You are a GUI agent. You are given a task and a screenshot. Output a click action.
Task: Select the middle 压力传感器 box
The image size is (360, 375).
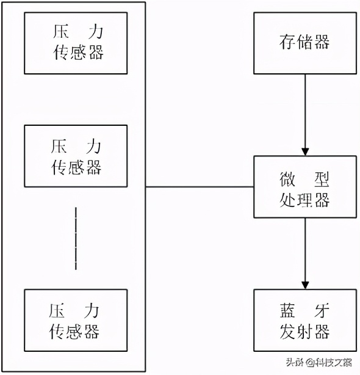tap(76, 156)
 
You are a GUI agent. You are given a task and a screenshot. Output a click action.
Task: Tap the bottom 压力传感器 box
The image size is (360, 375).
tap(76, 320)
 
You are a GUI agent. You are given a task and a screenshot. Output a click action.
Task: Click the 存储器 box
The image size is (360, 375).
tap(305, 42)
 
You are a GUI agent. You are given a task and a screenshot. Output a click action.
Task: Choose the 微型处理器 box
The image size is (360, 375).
tap(305, 187)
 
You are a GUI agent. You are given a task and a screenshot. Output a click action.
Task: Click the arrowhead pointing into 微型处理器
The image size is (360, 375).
tap(305, 151)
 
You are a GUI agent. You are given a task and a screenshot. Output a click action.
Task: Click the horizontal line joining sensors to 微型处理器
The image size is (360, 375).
tap(200, 187)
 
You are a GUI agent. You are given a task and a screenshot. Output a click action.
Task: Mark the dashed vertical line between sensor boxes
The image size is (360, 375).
tap(76, 238)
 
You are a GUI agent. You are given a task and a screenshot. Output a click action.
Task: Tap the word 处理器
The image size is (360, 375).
tap(305, 198)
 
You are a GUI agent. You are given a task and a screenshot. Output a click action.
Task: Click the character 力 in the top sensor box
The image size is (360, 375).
tap(94, 32)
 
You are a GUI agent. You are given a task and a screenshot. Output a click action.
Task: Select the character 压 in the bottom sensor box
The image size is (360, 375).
tap(57, 310)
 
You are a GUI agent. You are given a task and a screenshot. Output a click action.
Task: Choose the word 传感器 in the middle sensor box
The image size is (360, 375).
tap(76, 167)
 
